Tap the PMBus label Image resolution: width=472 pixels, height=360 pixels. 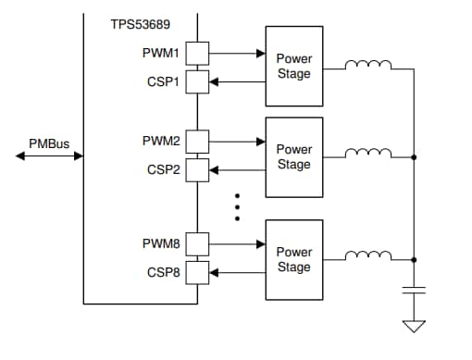tap(49, 143)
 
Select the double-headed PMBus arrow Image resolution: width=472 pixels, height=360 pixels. tap(49, 156)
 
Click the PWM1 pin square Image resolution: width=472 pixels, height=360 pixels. tap(198, 54)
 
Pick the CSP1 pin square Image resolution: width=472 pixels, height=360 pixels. tap(198, 81)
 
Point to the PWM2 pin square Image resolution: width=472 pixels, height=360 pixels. tap(198, 143)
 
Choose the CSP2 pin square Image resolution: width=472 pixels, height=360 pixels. tap(198, 170)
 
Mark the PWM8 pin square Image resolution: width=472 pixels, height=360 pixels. tap(198, 245)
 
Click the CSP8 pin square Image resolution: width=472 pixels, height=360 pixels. tap(198, 273)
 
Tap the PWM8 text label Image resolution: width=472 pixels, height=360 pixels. tap(160, 245)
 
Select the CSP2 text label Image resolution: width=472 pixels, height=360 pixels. tap(162, 170)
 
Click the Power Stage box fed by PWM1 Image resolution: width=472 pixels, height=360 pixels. tap(293, 67)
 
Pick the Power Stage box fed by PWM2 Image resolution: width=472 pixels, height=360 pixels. tap(293, 156)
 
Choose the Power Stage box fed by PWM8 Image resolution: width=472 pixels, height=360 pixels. tap(293, 259)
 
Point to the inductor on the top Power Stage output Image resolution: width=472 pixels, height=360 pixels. tap(367, 65)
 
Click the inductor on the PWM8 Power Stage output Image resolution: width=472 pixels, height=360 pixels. tap(367, 256)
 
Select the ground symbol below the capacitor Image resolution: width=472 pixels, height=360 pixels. tap(414, 325)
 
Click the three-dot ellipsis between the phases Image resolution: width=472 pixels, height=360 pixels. tap(237, 207)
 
